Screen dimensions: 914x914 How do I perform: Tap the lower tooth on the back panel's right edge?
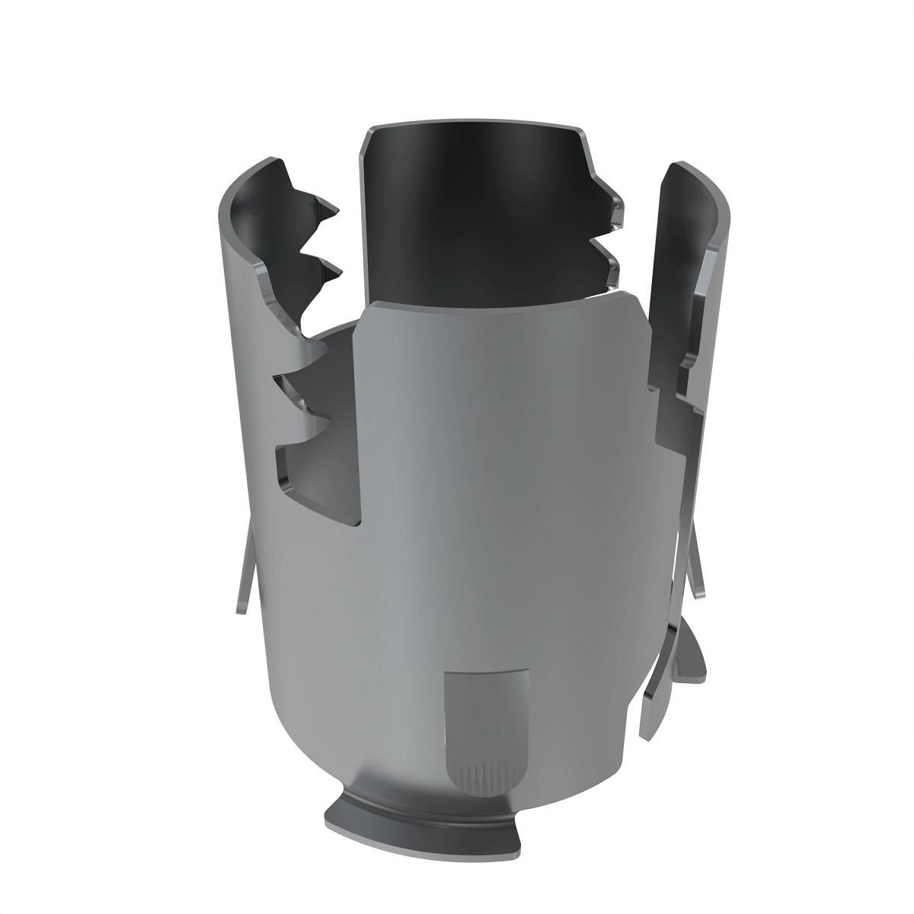pyautogui.click(x=609, y=255)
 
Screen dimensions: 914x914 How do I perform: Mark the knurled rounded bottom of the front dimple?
pyautogui.click(x=486, y=777)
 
